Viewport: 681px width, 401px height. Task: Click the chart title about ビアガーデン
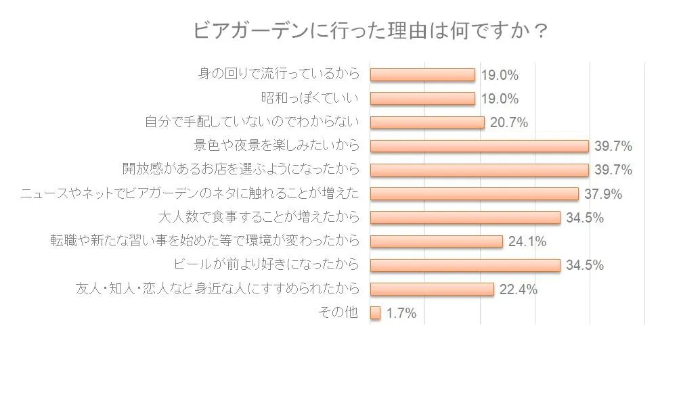coord(370,31)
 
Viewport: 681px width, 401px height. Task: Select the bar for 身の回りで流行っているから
coord(422,75)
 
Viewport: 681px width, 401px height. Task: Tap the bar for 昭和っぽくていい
coord(422,99)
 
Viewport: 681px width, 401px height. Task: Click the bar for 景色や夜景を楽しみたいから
coord(479,146)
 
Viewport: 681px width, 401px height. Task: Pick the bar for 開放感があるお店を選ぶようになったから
coord(479,170)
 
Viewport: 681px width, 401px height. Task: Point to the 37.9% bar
coord(474,194)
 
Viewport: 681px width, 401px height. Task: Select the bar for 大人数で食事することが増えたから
coord(465,218)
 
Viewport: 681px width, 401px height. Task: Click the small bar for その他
coord(376,313)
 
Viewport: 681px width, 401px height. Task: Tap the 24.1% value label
coord(527,241)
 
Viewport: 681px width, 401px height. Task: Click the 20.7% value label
coord(508,122)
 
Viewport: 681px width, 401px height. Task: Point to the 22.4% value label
coord(518,289)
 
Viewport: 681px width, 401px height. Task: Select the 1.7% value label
coord(401,313)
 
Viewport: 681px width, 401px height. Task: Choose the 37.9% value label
coord(602,194)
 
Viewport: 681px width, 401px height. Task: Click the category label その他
coord(337,312)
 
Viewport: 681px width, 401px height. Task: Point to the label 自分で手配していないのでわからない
coord(252,122)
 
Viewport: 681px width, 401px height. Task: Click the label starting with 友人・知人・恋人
coord(217,289)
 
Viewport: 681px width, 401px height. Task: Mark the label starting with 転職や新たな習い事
coord(204,241)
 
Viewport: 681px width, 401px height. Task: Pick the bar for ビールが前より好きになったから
coord(465,265)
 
